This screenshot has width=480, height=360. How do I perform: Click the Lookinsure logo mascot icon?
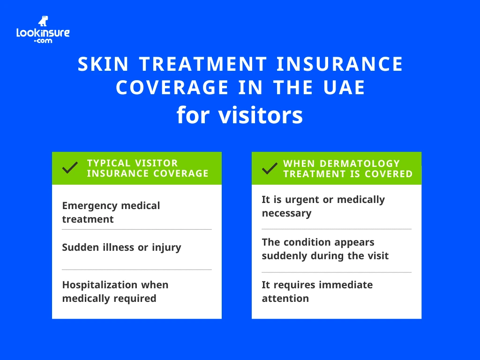point(43,21)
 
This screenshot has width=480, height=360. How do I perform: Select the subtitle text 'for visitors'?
point(240,115)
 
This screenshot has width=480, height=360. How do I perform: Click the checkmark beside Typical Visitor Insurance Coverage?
point(70,168)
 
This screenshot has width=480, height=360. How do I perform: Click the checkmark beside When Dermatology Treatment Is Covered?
point(270,168)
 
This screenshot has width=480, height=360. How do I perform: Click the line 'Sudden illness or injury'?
point(121,247)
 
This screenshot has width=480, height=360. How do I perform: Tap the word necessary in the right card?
point(286,213)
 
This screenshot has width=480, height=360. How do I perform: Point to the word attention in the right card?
point(285,299)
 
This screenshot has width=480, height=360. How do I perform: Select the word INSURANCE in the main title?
point(339,64)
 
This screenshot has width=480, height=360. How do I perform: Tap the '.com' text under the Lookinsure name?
point(43,41)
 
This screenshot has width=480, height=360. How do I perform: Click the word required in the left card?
point(133,299)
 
